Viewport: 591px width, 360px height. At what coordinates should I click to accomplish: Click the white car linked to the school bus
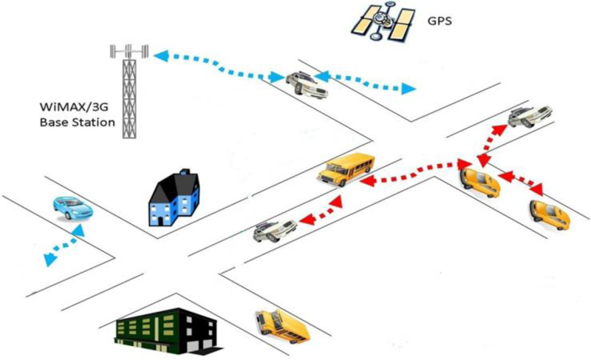272,231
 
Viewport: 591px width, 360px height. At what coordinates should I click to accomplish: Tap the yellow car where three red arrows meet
479,181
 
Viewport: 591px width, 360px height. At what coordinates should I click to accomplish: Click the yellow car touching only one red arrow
549,215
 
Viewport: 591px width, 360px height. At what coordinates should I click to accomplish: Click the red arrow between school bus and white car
318,210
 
